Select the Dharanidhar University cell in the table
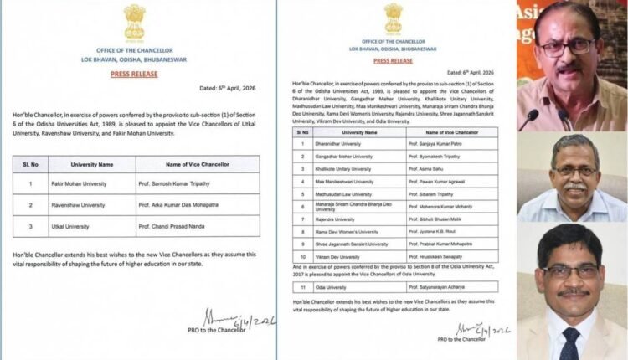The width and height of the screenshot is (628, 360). click(342, 142)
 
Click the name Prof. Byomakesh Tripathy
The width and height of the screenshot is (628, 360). click(434, 155)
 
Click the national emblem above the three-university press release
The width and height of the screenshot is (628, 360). click(135, 22)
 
